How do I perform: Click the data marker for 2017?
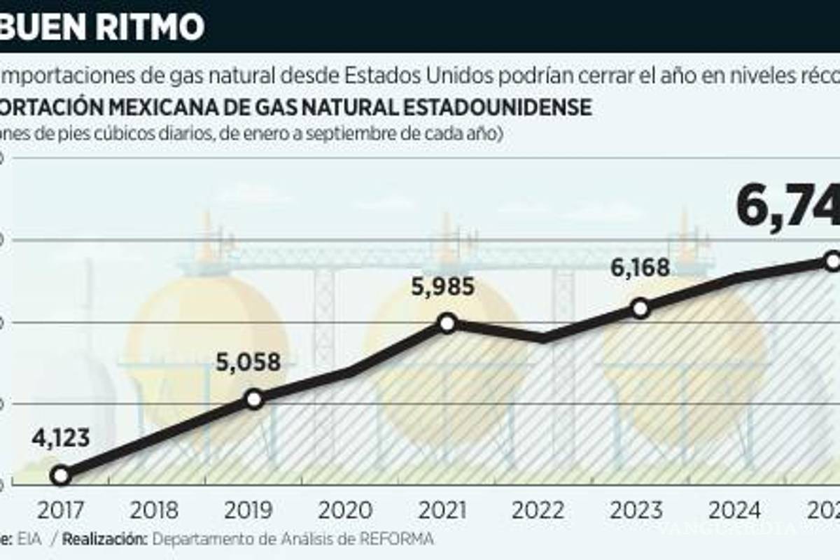click(x=61, y=475)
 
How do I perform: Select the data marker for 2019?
click(x=254, y=399)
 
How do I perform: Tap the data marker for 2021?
click(x=448, y=323)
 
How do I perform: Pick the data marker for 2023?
click(x=640, y=309)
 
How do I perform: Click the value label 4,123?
click(x=61, y=439)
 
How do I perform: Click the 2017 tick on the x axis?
click(x=61, y=510)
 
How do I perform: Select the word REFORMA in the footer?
click(x=400, y=538)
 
